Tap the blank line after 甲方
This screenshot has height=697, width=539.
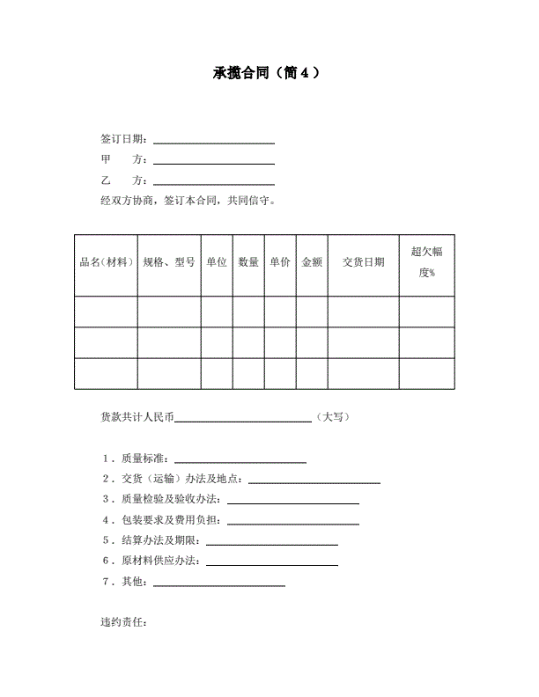click(x=214, y=162)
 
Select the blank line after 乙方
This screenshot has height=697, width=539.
click(x=214, y=182)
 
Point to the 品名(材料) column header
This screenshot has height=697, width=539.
click(x=106, y=262)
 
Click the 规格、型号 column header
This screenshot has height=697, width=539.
click(x=169, y=262)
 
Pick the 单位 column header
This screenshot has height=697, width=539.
click(x=217, y=262)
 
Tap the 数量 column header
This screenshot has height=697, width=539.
click(x=248, y=262)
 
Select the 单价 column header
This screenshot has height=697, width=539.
click(x=280, y=262)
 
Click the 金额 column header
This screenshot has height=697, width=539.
click(x=312, y=262)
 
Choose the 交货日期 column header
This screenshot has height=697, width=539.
click(x=363, y=262)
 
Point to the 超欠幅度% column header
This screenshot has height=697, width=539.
click(x=427, y=262)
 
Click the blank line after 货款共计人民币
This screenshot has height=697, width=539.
click(x=243, y=421)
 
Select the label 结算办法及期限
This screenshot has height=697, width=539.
click(x=162, y=539)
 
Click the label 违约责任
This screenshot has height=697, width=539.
click(x=124, y=623)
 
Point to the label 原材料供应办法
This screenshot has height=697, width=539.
click(x=162, y=561)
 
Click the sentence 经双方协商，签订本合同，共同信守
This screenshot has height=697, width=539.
click(x=189, y=201)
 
